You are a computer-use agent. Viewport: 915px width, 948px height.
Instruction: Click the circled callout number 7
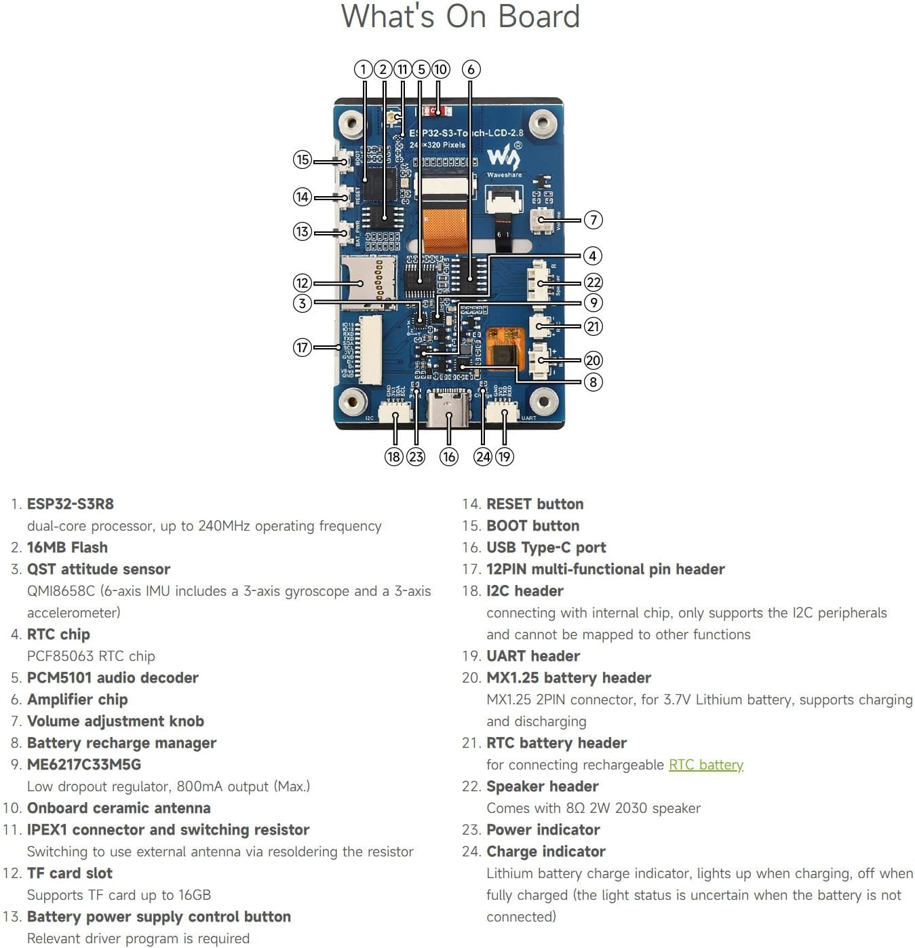(593, 220)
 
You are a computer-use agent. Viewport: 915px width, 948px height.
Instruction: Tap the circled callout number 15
(303, 160)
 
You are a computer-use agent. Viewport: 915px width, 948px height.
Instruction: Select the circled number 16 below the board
(448, 457)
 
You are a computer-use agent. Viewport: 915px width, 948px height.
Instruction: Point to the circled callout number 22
(593, 282)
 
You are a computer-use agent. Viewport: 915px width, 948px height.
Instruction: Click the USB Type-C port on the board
(448, 406)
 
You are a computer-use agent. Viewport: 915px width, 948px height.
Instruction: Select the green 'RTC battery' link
(705, 765)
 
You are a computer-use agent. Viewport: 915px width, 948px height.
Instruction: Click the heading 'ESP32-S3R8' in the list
(70, 504)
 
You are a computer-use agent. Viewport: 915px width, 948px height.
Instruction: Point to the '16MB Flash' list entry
(67, 548)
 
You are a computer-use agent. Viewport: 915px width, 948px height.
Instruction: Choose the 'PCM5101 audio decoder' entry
(113, 678)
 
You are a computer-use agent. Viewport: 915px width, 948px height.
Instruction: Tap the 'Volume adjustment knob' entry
(115, 721)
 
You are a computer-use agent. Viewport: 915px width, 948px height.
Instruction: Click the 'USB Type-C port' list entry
(546, 548)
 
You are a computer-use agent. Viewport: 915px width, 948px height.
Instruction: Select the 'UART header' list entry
(533, 656)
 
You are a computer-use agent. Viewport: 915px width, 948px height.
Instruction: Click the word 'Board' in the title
(539, 16)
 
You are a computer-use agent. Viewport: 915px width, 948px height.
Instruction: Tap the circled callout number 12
(303, 283)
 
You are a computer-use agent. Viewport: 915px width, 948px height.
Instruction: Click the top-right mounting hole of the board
(543, 123)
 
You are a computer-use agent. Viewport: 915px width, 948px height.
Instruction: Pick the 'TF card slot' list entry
(69, 873)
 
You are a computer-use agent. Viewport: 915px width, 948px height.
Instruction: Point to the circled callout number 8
(593, 382)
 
